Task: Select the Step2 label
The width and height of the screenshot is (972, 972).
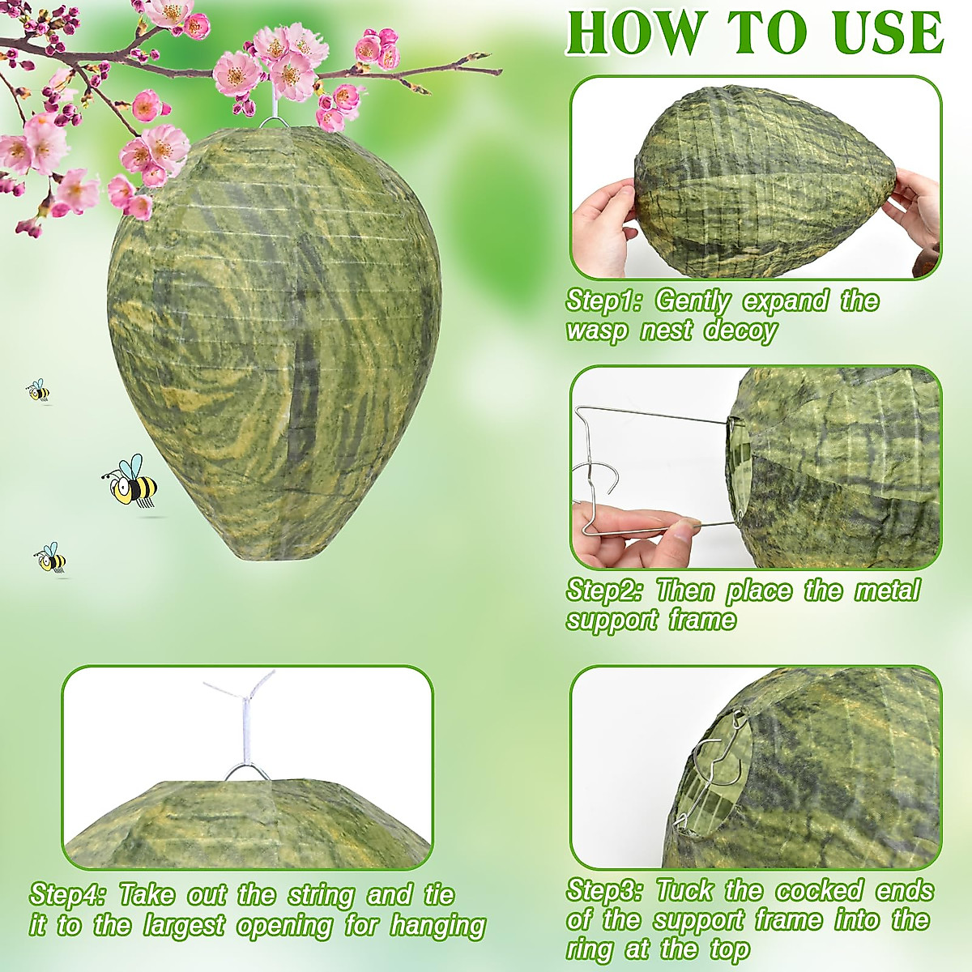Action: pos(603,590)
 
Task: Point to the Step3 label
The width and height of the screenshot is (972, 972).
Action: pos(603,890)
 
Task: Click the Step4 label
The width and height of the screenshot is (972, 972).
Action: pos(67,895)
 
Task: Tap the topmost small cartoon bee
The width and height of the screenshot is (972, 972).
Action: pos(37,390)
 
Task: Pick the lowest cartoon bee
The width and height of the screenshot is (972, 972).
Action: pos(51,558)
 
